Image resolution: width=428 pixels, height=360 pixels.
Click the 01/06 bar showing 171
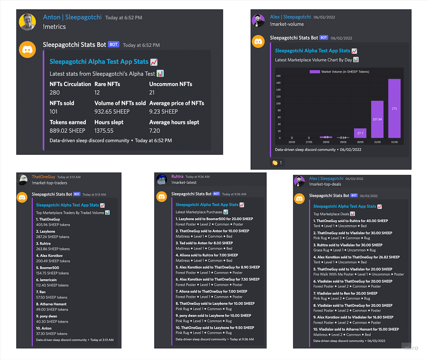[395, 108]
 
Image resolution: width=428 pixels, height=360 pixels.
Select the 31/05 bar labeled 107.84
[377, 119]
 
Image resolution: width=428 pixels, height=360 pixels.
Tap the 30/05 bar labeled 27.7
[360, 133]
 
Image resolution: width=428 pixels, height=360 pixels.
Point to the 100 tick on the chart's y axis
[278, 104]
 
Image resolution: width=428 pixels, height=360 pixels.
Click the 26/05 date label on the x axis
[292, 142]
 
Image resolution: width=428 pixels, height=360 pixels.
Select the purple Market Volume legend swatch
[315, 72]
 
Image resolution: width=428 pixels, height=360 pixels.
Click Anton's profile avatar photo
[27, 22]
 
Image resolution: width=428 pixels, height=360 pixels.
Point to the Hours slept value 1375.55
[104, 131]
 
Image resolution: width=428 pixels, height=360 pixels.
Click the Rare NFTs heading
[107, 84]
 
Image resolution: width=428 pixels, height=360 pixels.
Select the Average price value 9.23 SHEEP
[163, 112]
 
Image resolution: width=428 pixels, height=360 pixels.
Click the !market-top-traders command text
[49, 183]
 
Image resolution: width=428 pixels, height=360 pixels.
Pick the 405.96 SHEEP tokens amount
[53, 225]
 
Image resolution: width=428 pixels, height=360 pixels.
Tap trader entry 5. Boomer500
[48, 268]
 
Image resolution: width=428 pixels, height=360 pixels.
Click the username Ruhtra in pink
[177, 176]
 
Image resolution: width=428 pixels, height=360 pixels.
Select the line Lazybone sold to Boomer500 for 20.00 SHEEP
[214, 219]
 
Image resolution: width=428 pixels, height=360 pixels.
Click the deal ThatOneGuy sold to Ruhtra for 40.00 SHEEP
[351, 221]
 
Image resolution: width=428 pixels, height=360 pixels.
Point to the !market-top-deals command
[325, 184]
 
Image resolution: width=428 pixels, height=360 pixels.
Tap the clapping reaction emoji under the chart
[275, 163]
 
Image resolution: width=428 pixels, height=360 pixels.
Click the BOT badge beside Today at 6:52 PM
[114, 44]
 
